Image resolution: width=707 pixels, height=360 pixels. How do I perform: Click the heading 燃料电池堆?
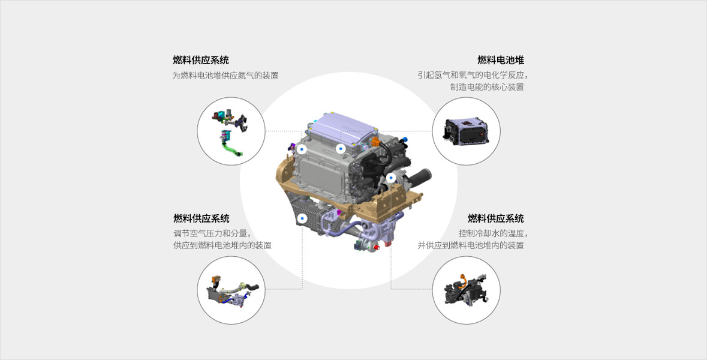(x=501, y=60)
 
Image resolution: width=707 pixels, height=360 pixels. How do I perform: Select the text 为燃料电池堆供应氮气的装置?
(x=225, y=76)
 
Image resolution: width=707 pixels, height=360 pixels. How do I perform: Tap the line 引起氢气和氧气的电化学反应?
(x=473, y=75)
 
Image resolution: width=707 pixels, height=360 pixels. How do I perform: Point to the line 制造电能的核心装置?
(x=487, y=86)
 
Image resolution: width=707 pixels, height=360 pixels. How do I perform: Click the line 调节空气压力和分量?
(x=212, y=233)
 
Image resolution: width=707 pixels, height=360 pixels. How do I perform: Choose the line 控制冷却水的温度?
(x=493, y=233)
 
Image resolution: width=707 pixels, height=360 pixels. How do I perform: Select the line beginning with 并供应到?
(x=471, y=245)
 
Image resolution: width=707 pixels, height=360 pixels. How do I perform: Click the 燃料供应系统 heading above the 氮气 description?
(x=201, y=60)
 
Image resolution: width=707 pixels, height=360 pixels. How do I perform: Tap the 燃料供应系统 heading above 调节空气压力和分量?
(x=201, y=218)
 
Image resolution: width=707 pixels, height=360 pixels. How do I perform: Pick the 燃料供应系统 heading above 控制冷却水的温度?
(x=496, y=218)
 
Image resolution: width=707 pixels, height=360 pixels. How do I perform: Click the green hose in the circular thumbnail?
(x=231, y=148)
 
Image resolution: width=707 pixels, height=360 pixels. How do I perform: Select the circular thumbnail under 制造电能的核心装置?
(x=466, y=131)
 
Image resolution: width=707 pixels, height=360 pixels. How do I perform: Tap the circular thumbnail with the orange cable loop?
(x=466, y=290)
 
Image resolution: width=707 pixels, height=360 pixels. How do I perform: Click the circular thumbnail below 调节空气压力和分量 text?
(x=231, y=290)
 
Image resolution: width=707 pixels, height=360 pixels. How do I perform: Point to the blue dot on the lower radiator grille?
(x=302, y=218)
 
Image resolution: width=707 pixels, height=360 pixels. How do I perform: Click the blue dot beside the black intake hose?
(x=391, y=178)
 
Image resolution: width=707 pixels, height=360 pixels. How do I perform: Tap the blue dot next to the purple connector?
(x=302, y=148)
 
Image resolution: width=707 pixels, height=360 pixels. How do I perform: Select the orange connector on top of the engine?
(x=375, y=142)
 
